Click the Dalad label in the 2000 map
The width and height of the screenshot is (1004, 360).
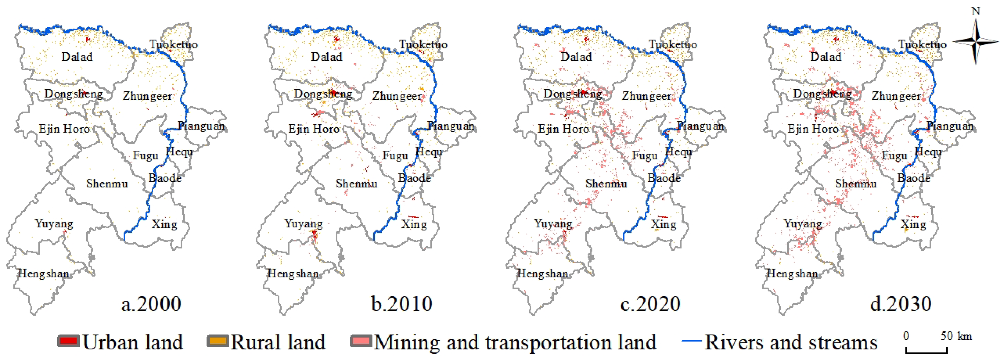pyautogui.click(x=77, y=57)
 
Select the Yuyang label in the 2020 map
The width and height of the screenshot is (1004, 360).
pyautogui.click(x=553, y=224)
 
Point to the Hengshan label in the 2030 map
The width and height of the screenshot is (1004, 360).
pyautogui.click(x=792, y=274)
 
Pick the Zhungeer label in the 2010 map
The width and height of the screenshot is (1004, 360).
pyautogui.click(x=397, y=96)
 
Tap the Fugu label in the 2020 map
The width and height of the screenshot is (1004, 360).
pyautogui.click(x=645, y=155)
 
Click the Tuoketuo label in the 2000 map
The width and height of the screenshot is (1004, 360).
pyautogui.click(x=174, y=44)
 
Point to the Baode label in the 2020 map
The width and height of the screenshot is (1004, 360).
pyautogui.click(x=664, y=178)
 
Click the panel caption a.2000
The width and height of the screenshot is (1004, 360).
pyautogui.click(x=151, y=304)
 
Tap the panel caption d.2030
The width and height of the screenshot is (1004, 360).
pyautogui.click(x=901, y=304)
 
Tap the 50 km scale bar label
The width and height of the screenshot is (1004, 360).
pyautogui.click(x=956, y=336)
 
